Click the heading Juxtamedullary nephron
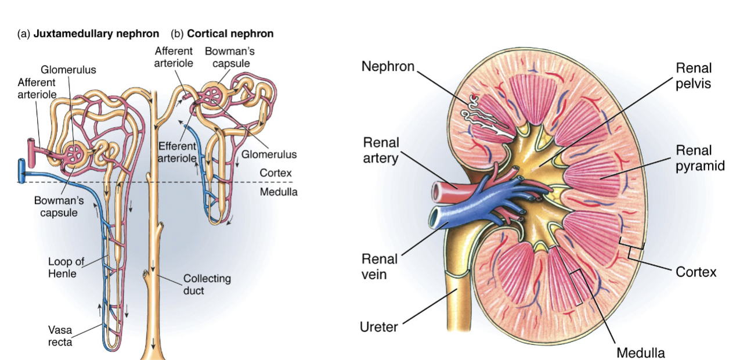96,34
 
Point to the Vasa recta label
59,336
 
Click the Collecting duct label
207,284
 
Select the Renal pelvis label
693,75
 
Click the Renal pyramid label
700,159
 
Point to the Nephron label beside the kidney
388,66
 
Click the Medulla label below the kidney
640,352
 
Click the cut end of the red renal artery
436,191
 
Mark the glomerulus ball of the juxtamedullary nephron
76,153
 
